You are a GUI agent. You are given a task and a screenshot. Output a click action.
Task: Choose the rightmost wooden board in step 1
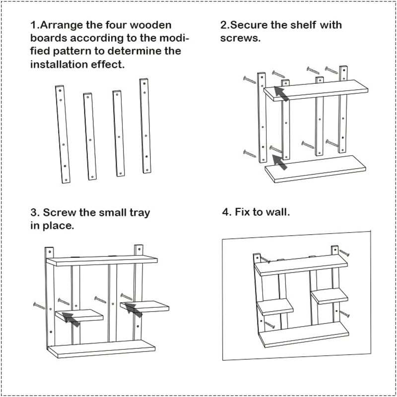(x=145, y=125)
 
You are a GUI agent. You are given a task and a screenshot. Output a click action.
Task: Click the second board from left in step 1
(x=90, y=136)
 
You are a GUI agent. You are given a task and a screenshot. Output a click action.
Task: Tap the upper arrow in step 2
(x=281, y=93)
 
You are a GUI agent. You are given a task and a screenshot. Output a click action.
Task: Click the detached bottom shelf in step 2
(x=315, y=168)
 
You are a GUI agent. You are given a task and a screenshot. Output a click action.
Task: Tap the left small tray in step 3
(x=79, y=315)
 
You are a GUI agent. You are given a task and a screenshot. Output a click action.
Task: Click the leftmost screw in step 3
(x=39, y=305)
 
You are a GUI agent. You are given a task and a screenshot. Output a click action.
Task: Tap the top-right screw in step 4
(x=344, y=253)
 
